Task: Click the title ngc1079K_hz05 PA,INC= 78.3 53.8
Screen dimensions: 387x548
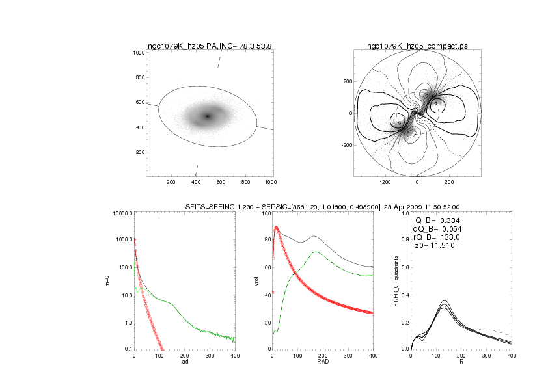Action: (x=208, y=46)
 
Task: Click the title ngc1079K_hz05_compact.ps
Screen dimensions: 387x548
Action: (x=417, y=46)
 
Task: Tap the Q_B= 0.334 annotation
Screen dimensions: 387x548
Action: (x=437, y=220)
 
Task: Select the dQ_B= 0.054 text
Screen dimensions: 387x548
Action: (x=437, y=228)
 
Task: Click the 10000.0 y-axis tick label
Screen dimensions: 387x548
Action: (x=121, y=213)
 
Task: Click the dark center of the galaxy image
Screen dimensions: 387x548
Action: (x=208, y=116)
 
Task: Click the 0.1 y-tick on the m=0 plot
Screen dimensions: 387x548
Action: (x=126, y=349)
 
